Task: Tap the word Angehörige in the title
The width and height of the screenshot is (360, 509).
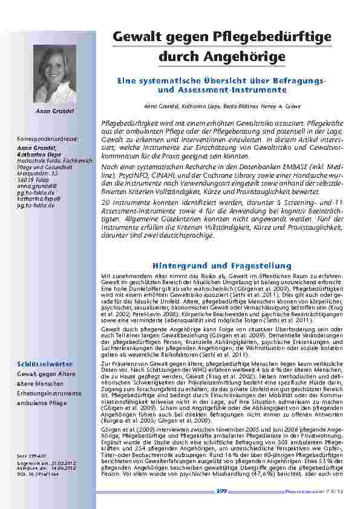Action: tap(245, 57)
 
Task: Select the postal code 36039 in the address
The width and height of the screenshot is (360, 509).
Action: tap(25, 178)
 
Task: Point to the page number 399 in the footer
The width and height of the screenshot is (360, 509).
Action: tap(221, 492)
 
